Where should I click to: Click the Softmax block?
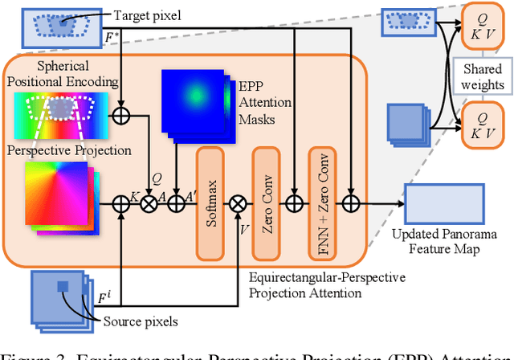[x=212, y=192]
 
